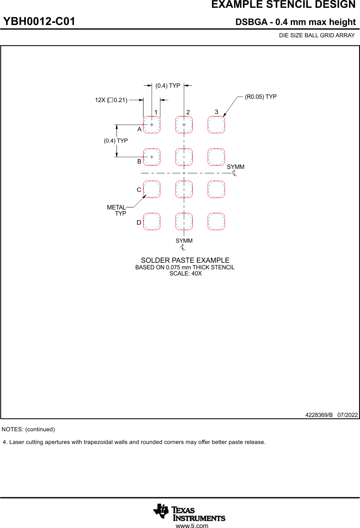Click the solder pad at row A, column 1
(x=152, y=125)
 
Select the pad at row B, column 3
(x=216, y=157)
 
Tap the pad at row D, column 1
(x=152, y=221)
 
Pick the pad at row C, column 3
(x=216, y=189)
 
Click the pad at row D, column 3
(x=216, y=221)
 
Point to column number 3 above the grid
(x=216, y=112)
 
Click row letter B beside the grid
(x=139, y=162)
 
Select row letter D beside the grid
(x=139, y=223)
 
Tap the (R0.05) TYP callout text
(x=261, y=97)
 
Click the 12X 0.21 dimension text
(x=111, y=100)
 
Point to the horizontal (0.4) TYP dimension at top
(x=168, y=86)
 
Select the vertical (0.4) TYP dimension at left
(x=116, y=141)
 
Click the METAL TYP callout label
(x=117, y=210)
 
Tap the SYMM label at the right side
(x=235, y=167)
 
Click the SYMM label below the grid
(x=184, y=241)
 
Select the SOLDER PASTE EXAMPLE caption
(x=185, y=261)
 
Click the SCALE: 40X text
(x=185, y=273)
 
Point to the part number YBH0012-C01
(x=39, y=22)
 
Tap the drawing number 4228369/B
(x=319, y=415)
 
